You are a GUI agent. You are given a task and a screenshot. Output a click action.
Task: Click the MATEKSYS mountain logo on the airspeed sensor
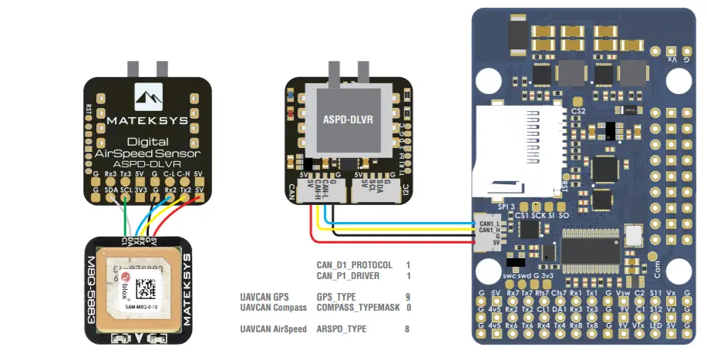coord(146,97)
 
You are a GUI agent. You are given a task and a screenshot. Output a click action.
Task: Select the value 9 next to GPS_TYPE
coord(408,297)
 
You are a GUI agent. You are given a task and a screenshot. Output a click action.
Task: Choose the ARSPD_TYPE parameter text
coord(342,329)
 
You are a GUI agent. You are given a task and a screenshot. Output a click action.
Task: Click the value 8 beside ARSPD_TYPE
coord(408,329)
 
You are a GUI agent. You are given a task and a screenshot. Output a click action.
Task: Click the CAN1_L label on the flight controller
coord(487,224)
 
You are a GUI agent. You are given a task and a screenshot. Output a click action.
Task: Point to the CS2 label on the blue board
coord(579,111)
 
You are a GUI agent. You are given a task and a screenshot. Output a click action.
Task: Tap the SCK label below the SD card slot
coord(537,215)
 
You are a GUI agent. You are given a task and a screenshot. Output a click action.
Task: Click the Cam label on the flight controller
coord(657,267)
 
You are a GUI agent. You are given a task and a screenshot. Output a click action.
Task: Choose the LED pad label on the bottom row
coord(655,326)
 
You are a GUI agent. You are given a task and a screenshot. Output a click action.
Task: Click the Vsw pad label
coord(623,294)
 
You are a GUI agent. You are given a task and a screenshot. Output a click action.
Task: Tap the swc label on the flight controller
coord(508,275)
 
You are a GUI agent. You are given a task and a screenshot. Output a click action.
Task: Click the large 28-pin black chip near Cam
coord(591,249)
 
